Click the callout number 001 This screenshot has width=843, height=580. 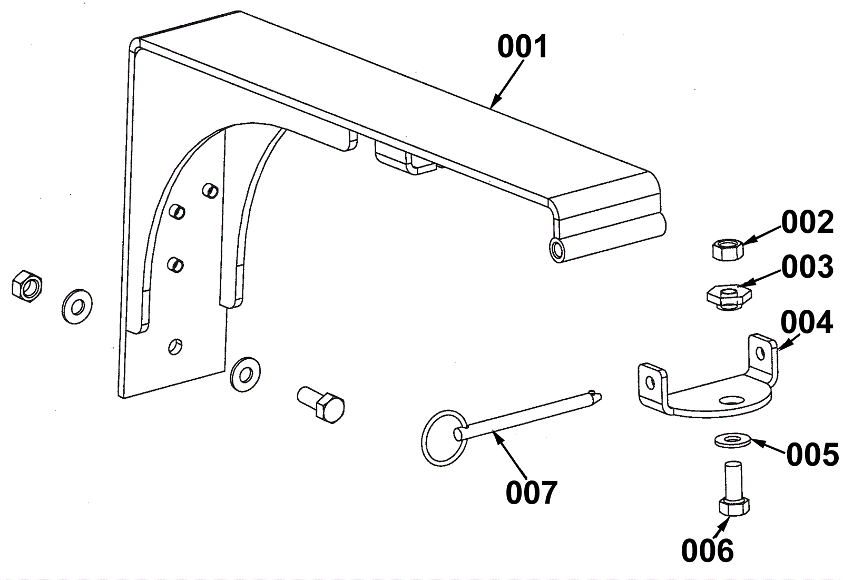[523, 47]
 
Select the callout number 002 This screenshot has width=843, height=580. [807, 222]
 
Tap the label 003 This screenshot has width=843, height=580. [807, 267]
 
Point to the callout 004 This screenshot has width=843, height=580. [806, 322]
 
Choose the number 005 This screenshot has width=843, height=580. [812, 454]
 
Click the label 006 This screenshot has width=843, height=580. [707, 550]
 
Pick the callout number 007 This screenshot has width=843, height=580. [531, 493]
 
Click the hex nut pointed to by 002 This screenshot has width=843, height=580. [727, 248]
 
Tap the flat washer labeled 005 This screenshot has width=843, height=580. [732, 439]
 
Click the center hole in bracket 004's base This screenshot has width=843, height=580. [731, 401]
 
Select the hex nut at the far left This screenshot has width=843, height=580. [27, 287]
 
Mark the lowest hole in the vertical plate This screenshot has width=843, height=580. [175, 346]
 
